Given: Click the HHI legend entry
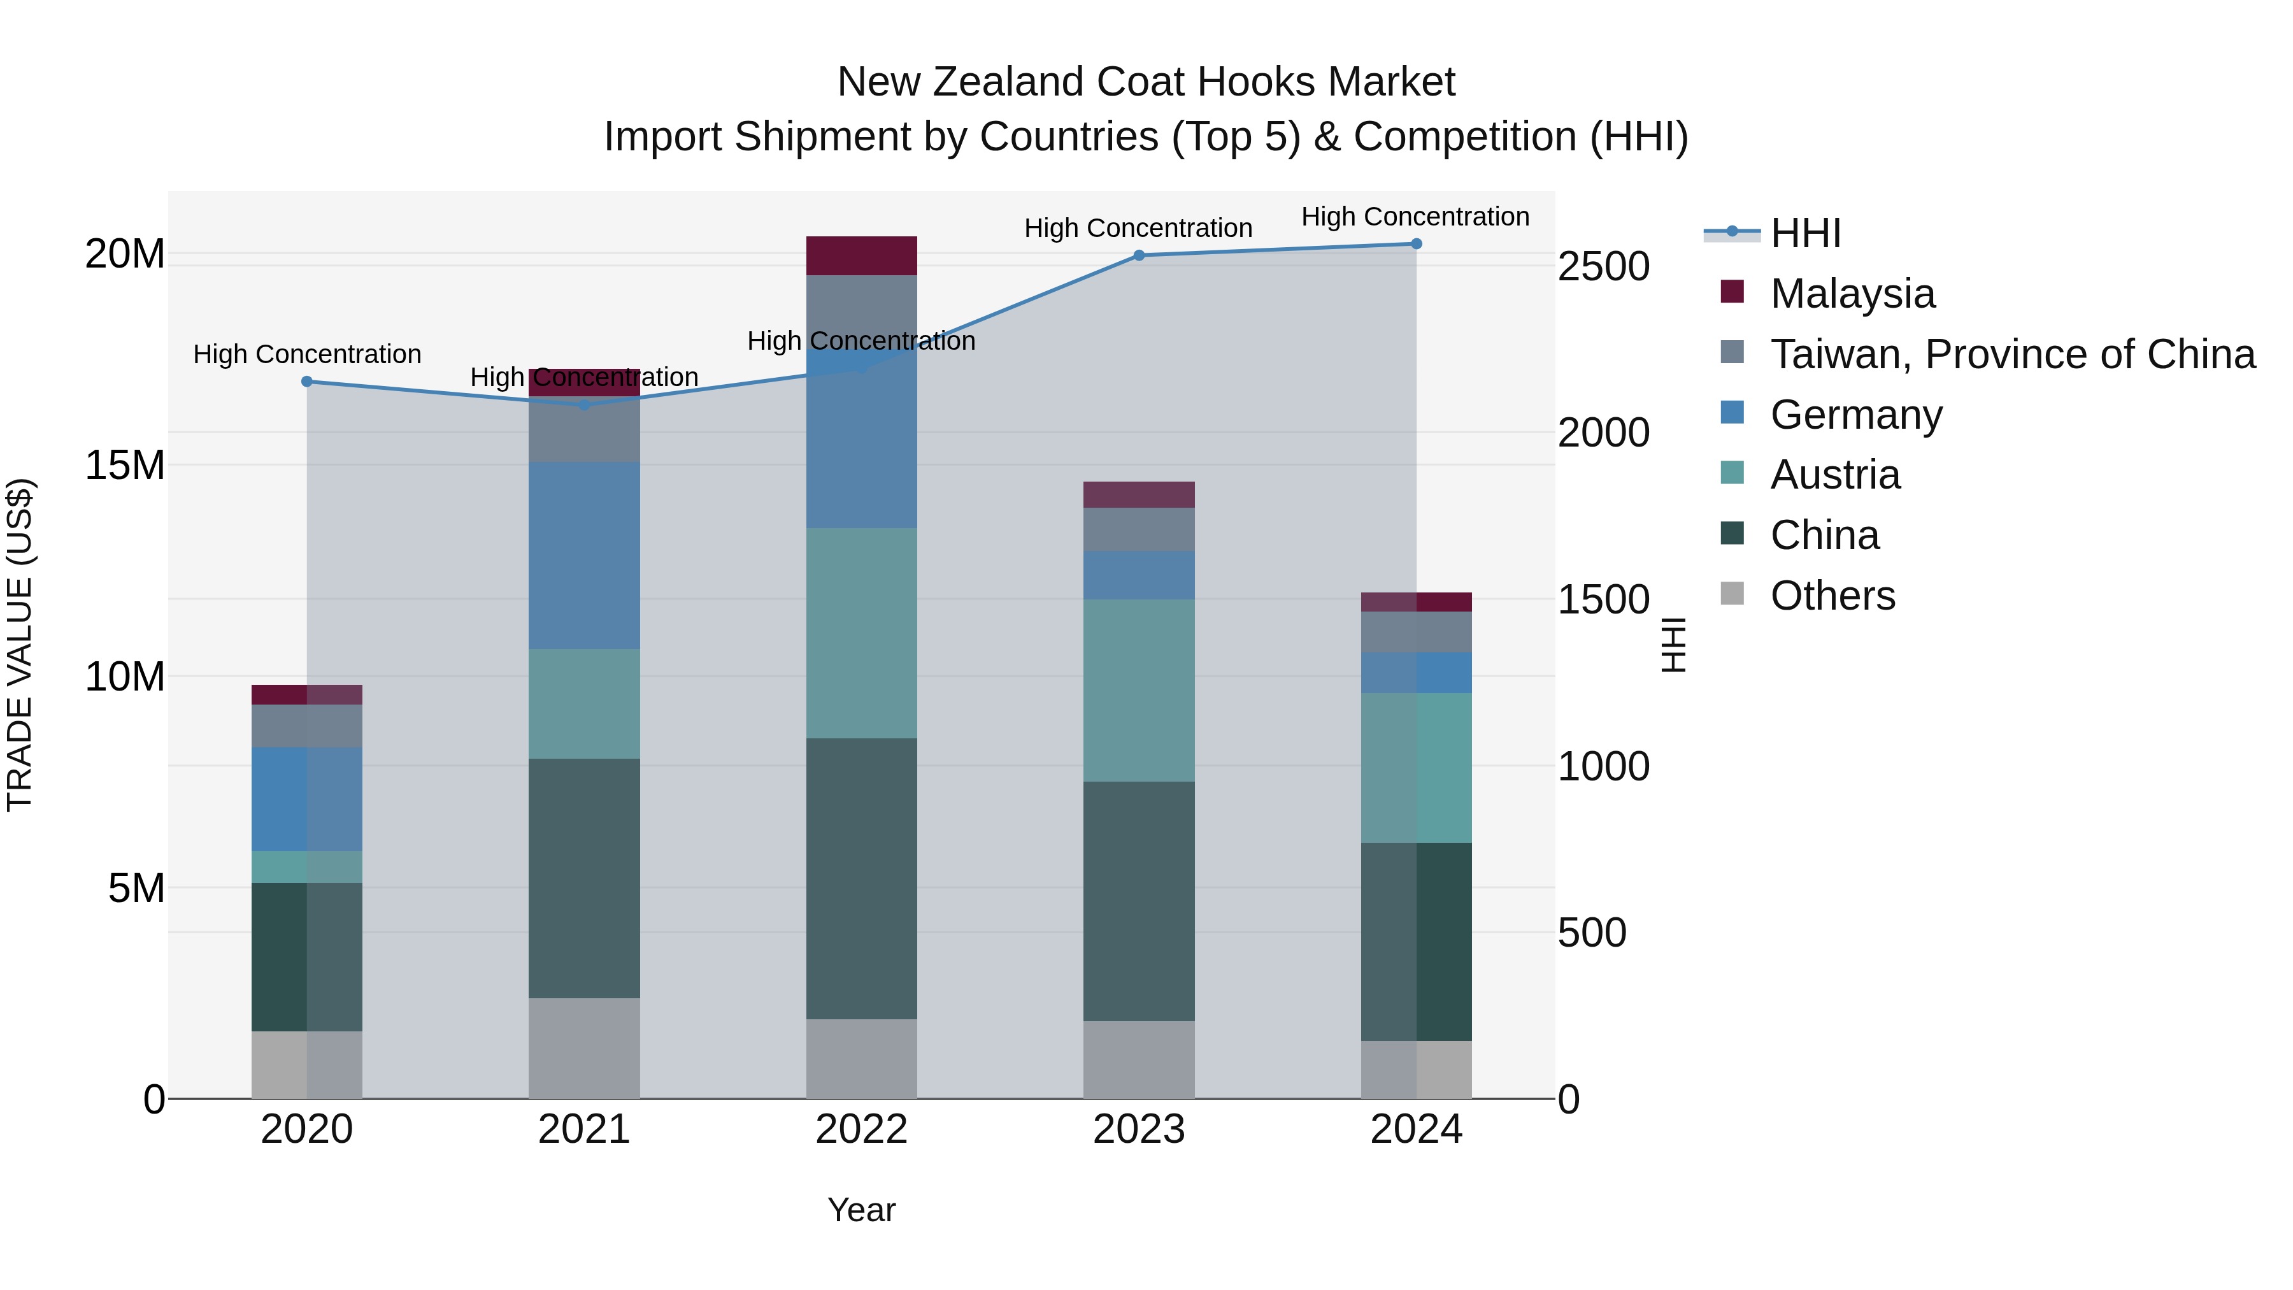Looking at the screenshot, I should pyautogui.click(x=1804, y=233).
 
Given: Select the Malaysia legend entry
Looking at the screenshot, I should pyautogui.click(x=1852, y=294).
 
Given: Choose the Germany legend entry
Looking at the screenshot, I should pyautogui.click(x=1856, y=415).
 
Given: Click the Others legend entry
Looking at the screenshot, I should pyautogui.click(x=1832, y=596).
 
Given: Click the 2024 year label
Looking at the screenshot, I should pyautogui.click(x=1415, y=1129).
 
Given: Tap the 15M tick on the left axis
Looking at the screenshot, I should pyautogui.click(x=125, y=466).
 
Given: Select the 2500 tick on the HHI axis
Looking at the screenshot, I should pyautogui.click(x=1603, y=266).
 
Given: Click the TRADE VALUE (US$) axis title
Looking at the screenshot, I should pyautogui.click(x=20, y=645).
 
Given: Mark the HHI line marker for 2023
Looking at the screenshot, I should pyautogui.click(x=1138, y=255).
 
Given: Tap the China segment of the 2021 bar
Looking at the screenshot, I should pyautogui.click(x=584, y=878).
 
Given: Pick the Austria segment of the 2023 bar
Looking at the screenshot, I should pyautogui.click(x=1138, y=690).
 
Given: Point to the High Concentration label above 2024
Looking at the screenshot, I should pyautogui.click(x=1415, y=217).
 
